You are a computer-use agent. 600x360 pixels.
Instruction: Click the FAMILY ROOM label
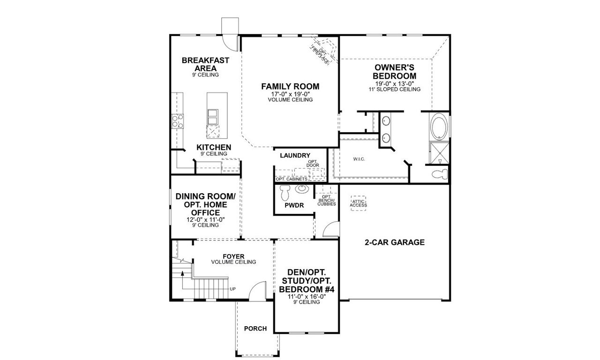(290, 86)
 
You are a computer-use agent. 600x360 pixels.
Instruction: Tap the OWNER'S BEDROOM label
(394, 72)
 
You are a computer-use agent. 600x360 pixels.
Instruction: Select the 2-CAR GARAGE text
(394, 242)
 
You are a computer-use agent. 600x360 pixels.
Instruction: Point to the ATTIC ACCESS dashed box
(359, 203)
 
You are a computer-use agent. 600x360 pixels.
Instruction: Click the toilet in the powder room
(285, 192)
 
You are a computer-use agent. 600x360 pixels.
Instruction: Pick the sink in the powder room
(301, 189)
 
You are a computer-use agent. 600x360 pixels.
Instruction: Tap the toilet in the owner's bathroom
(439, 174)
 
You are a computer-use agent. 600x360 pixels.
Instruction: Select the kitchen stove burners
(178, 121)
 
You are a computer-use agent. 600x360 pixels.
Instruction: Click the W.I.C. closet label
(359, 159)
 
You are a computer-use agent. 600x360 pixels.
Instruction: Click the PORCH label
(255, 329)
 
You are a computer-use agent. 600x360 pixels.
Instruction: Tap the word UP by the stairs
(232, 289)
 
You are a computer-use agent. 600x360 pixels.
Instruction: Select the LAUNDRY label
(295, 155)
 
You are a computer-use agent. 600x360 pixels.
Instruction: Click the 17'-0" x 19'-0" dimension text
(290, 94)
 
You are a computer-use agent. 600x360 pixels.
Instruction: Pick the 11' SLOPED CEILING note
(394, 89)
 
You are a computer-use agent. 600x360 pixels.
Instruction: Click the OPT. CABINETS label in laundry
(292, 179)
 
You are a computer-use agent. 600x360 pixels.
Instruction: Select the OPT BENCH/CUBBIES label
(326, 201)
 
